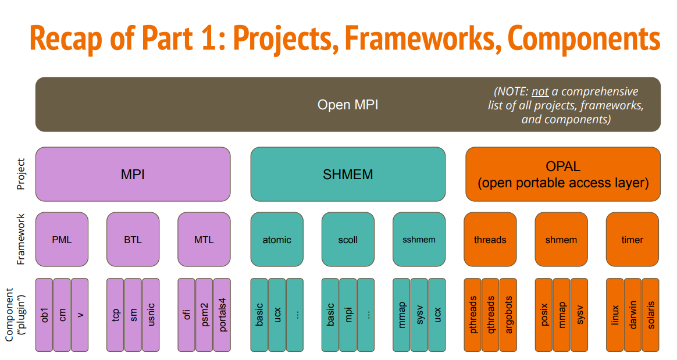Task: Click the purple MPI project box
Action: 133,174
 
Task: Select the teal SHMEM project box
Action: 348,174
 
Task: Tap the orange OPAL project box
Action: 563,174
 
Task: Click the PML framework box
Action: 62,240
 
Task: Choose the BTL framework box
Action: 133,240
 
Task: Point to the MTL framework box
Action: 204,240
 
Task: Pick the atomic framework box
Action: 277,240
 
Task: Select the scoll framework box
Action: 348,240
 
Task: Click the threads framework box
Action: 490,240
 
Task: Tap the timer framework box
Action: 633,240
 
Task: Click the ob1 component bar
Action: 44,315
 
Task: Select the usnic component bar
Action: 151,315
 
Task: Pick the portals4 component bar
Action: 222,315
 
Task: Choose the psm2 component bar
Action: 204,315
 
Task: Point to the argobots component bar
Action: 508,315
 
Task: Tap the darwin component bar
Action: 633,315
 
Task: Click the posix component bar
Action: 544,315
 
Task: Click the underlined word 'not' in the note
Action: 540,91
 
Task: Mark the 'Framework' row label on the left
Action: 20,239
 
